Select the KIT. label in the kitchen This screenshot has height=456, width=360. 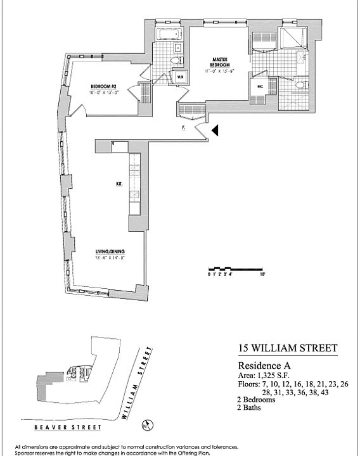point(119,184)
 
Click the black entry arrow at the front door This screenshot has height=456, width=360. point(215,130)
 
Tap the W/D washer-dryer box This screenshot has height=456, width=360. point(180,77)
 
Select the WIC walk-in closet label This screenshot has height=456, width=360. point(259,84)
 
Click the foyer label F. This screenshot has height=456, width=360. point(183,128)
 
